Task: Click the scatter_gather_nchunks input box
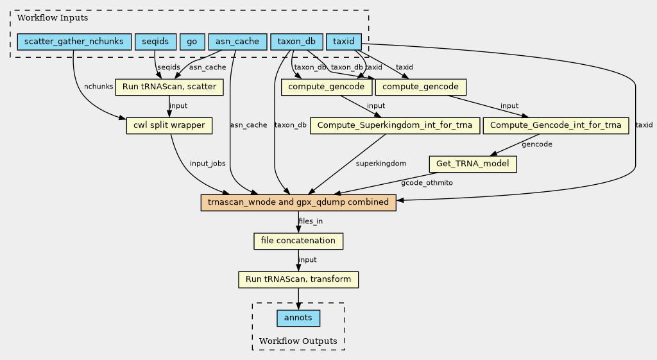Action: click(74, 42)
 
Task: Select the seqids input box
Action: click(155, 42)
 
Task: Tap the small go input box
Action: click(191, 42)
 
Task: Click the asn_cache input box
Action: click(237, 42)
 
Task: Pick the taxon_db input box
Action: click(296, 42)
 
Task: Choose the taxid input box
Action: click(345, 42)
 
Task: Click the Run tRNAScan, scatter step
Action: click(169, 87)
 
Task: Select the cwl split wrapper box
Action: click(169, 126)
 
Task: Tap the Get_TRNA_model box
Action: click(473, 164)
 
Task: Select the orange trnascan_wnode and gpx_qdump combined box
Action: click(298, 203)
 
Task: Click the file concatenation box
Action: click(298, 241)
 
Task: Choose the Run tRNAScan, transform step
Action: click(298, 280)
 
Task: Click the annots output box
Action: click(298, 318)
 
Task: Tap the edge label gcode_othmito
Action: click(427, 183)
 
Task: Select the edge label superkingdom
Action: click(381, 164)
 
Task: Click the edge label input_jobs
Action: click(207, 164)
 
